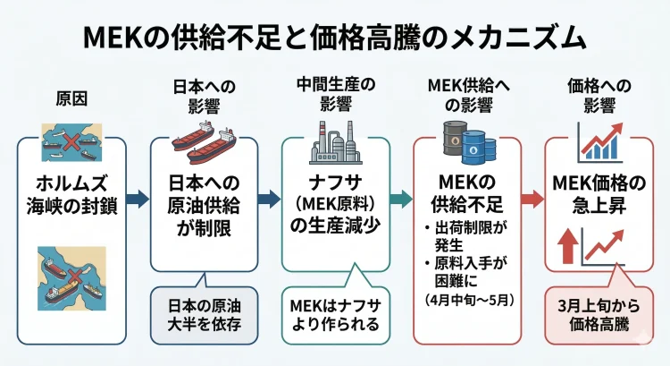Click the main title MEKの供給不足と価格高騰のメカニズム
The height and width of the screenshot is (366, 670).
point(335,37)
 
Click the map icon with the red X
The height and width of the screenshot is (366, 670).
point(71,142)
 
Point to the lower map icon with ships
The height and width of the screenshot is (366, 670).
point(71,274)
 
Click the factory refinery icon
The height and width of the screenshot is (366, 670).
point(334,140)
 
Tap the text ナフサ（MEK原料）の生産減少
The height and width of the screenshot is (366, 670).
point(335,207)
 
